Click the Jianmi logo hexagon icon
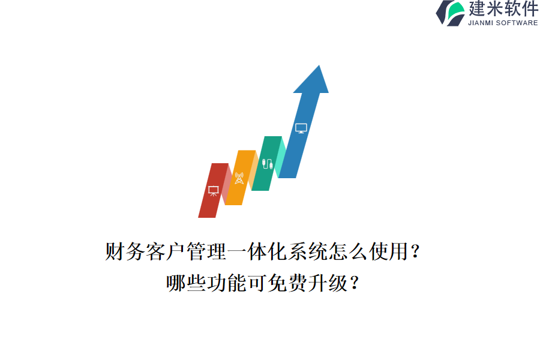point(450,13)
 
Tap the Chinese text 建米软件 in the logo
point(503,9)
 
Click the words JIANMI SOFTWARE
point(503,23)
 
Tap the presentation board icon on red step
point(213,190)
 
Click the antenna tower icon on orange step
point(239,178)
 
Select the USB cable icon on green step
point(267,163)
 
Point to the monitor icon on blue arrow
point(301,128)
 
